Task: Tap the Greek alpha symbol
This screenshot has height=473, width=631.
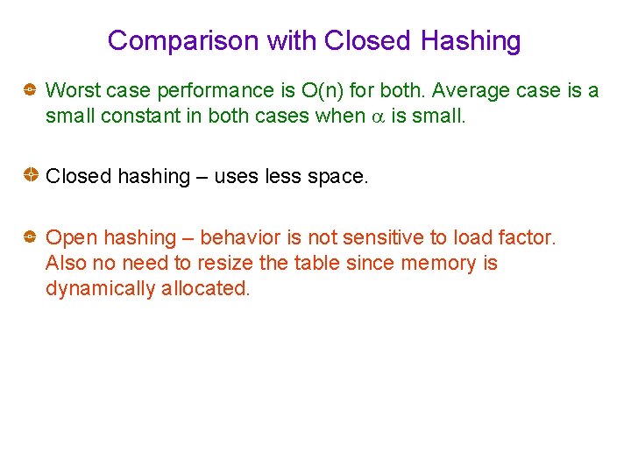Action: [377, 116]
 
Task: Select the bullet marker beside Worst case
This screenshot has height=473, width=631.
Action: [29, 89]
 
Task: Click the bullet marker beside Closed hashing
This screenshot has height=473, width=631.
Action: [29, 176]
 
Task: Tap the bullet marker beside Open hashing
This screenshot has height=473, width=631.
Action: [29, 237]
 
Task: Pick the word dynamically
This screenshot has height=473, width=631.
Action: [100, 288]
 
